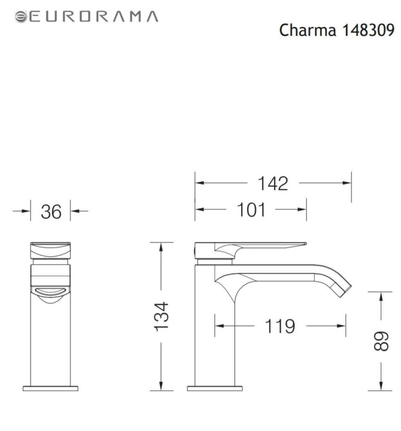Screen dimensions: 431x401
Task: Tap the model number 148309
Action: point(367,30)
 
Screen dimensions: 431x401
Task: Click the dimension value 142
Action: point(272,183)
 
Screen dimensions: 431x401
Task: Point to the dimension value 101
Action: point(251,210)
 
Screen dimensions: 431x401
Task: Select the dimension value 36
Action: point(51,212)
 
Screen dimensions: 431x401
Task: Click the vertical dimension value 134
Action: point(161,316)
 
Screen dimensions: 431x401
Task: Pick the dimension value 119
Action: point(279,326)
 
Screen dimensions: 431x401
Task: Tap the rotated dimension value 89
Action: point(381,340)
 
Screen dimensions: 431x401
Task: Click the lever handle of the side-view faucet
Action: point(264,246)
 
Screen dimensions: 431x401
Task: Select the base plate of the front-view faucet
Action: point(50,388)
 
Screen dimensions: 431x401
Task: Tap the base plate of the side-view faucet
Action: point(215,388)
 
